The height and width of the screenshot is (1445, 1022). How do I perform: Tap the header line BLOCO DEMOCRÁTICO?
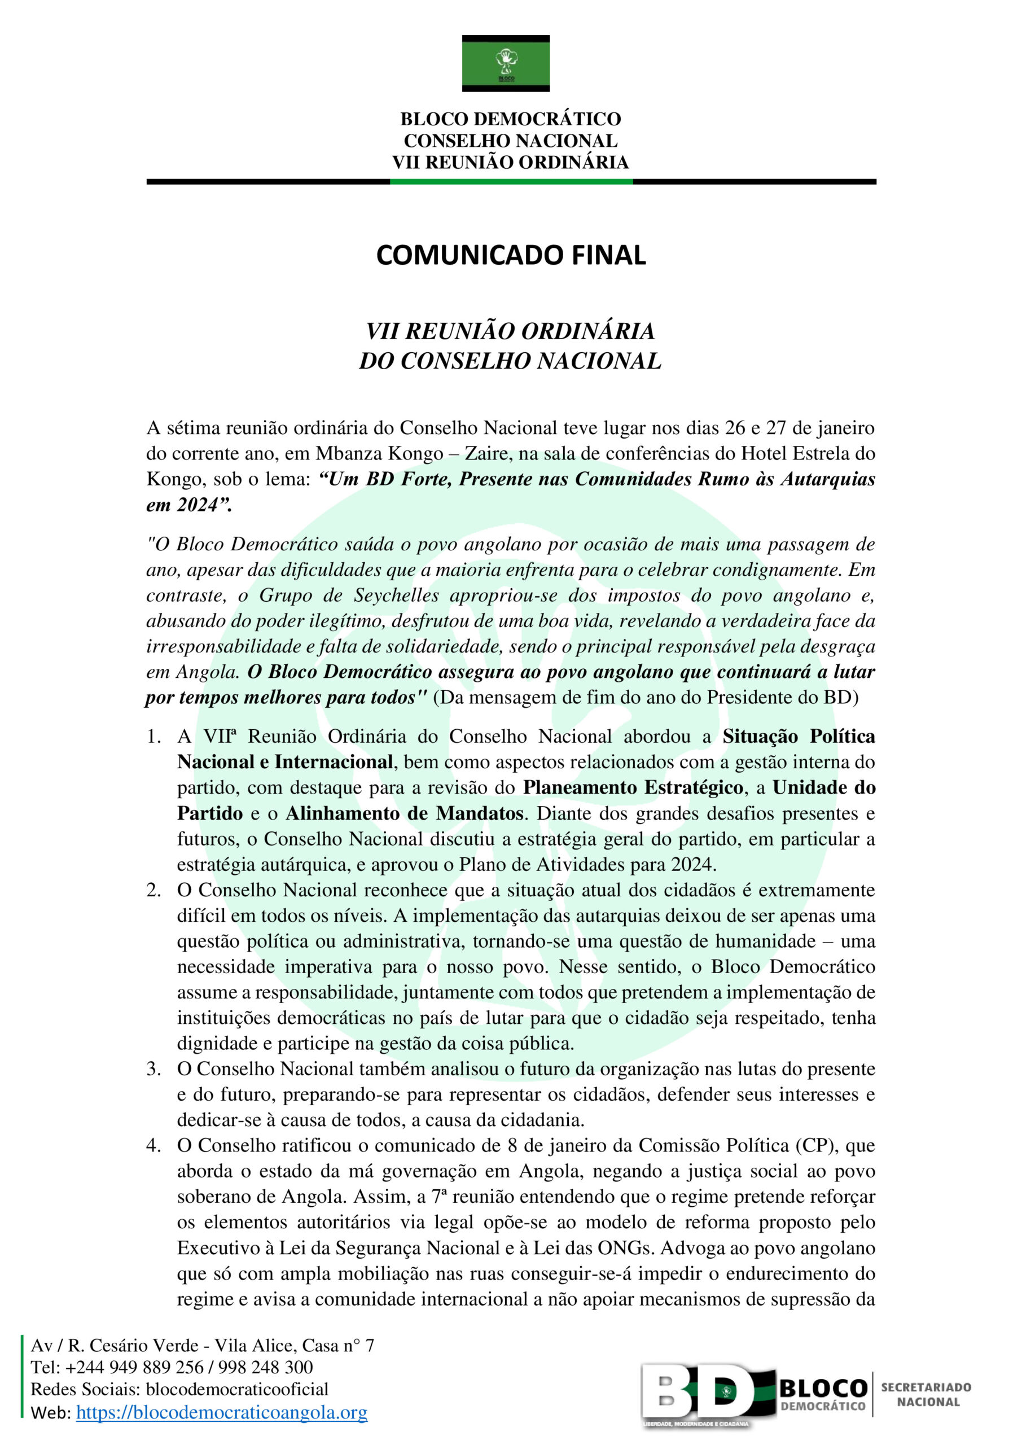510,119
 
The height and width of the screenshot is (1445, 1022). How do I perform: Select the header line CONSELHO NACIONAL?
510,141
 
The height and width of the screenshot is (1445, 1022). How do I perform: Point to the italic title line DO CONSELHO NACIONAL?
510,361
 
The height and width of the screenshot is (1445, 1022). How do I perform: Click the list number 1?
153,737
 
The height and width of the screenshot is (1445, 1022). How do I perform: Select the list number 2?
153,890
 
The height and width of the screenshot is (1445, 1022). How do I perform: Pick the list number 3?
153,1069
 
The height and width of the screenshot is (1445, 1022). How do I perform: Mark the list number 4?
153,1145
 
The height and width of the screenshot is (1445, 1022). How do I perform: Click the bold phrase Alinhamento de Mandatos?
404,813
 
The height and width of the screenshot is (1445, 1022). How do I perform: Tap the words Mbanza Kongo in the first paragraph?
379,454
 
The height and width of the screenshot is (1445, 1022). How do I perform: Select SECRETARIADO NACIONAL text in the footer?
925,1395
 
